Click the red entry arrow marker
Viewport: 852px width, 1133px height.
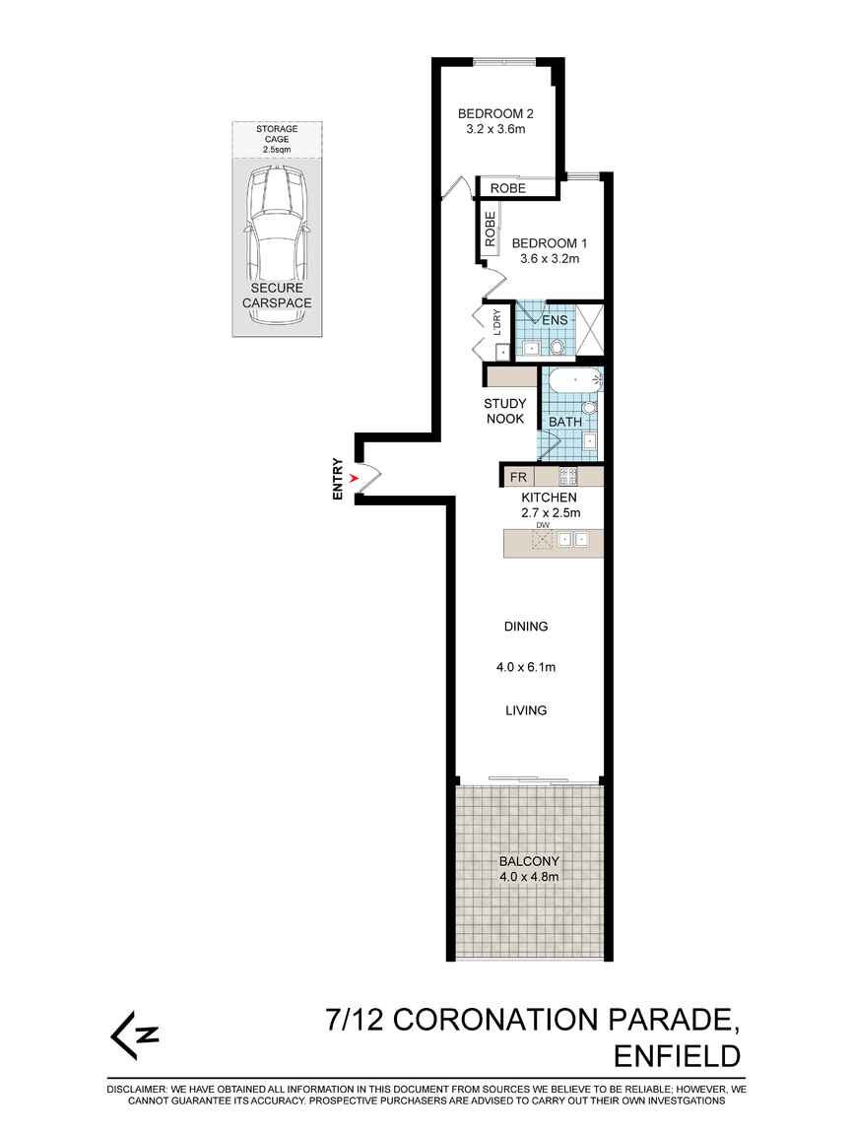coord(354,478)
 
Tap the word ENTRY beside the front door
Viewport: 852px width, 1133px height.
coord(338,479)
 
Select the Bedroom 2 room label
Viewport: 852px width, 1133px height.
coord(495,113)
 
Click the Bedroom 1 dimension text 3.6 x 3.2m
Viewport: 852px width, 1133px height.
coord(550,259)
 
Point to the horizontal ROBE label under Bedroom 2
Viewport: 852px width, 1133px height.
coord(508,188)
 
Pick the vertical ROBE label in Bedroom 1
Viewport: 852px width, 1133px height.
coord(490,229)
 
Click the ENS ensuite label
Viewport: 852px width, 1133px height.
coord(555,320)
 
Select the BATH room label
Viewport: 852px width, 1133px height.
coord(565,422)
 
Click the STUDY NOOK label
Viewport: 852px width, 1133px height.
coord(505,411)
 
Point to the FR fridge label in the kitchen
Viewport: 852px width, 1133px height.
coord(518,477)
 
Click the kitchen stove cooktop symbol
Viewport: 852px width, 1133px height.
coord(568,476)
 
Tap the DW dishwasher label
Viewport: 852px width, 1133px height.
coord(543,524)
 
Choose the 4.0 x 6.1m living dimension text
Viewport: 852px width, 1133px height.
coord(526,667)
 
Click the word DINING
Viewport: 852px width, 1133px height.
coord(526,627)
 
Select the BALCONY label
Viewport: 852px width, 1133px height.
coord(529,861)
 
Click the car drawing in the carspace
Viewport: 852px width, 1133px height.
coord(277,228)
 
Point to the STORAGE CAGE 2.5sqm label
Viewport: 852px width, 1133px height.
coord(277,140)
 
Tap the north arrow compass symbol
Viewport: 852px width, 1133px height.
coord(134,1034)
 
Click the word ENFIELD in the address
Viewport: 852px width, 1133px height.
coord(677,1056)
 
